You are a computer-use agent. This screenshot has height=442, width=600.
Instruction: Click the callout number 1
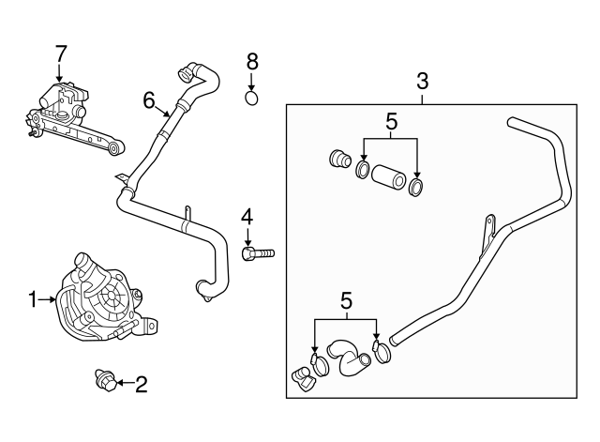click(32, 299)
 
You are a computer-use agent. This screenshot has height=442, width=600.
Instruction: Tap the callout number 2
click(142, 383)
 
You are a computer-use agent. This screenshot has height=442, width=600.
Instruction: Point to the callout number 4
click(247, 217)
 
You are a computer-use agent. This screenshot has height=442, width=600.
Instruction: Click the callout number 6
click(148, 99)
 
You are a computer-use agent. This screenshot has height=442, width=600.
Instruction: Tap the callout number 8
click(251, 61)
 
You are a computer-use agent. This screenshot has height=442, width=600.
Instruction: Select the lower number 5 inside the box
click(345, 301)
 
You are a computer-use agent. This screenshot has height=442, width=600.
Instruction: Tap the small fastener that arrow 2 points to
click(104, 381)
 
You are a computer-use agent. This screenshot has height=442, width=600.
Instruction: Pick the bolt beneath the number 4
click(257, 252)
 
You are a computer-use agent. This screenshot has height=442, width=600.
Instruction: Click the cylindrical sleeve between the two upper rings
click(387, 177)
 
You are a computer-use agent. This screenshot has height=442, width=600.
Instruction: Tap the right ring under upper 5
click(415, 188)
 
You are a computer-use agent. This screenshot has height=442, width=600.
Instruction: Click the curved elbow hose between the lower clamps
click(352, 361)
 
